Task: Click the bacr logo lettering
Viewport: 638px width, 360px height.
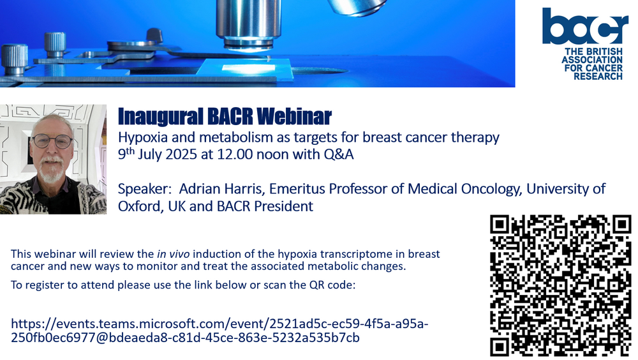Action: point(585,26)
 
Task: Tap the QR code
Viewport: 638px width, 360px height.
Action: point(561,285)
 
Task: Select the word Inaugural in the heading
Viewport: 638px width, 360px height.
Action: point(160,117)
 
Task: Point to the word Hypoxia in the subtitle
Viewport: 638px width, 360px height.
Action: point(143,138)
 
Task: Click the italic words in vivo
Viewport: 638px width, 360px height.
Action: point(174,254)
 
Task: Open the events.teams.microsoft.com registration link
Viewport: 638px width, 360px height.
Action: point(219,331)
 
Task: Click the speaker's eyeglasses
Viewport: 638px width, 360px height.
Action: point(52,141)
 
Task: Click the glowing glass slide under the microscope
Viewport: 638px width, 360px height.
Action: point(245,67)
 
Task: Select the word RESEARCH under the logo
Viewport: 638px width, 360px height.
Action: point(598,76)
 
